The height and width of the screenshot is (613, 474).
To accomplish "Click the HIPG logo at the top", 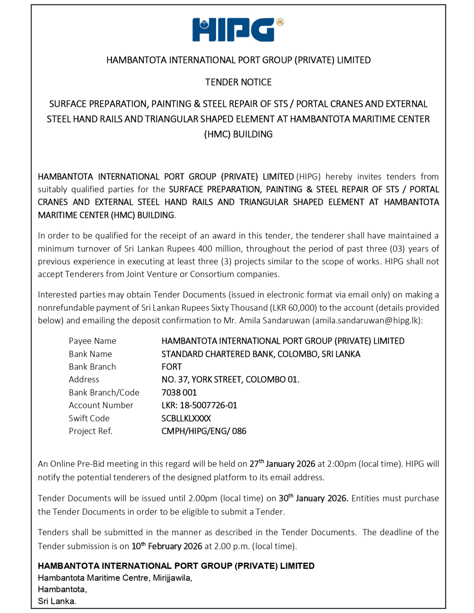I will (x=237, y=30).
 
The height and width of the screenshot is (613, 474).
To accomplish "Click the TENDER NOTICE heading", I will (x=238, y=82).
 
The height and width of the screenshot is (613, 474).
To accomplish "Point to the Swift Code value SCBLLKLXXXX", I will (x=186, y=418).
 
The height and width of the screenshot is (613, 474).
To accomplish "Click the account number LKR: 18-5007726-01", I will (x=199, y=405).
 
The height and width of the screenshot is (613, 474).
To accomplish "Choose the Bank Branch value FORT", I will (x=172, y=367).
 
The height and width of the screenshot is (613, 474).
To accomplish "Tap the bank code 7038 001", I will (x=179, y=392).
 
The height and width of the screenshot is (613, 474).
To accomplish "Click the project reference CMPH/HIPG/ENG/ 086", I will (x=204, y=431).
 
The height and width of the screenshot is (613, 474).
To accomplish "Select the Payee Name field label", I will (x=92, y=341).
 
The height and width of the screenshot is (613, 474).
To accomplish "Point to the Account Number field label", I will (x=101, y=405).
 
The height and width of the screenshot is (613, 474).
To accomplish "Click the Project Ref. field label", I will (x=91, y=431).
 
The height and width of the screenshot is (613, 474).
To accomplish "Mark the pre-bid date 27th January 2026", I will (x=282, y=464).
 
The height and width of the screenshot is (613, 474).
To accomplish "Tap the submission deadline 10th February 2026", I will (x=167, y=546).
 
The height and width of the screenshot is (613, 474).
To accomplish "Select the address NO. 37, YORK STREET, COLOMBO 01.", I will (x=230, y=380).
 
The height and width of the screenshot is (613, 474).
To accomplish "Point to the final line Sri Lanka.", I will (x=57, y=601).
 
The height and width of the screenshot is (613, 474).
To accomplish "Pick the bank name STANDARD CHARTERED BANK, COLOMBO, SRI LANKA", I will (x=261, y=354).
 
